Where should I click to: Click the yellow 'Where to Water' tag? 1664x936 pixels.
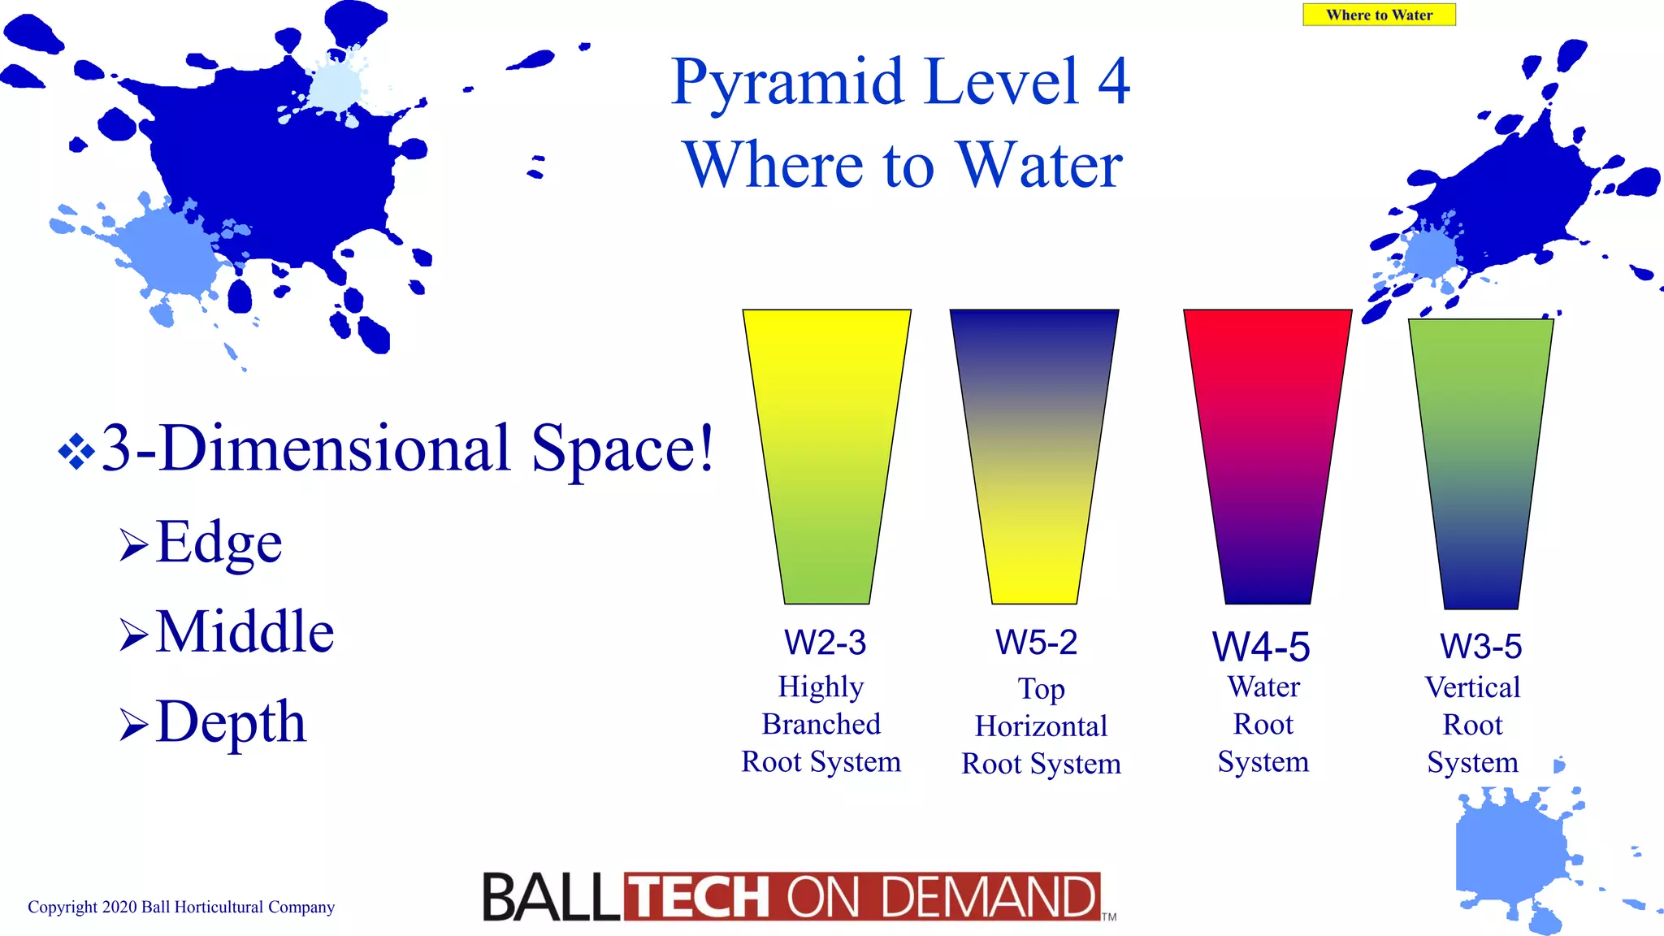coord(1379,15)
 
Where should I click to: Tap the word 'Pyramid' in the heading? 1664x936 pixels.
coord(787,82)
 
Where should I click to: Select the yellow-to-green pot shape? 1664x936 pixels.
coord(826,455)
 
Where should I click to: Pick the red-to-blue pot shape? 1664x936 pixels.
coord(1267,455)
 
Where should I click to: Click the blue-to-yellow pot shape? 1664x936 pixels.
coord(1034,455)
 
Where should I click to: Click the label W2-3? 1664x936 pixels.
coord(825,643)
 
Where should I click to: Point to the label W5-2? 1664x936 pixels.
coord(1036,643)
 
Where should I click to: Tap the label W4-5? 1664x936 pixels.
coord(1261,648)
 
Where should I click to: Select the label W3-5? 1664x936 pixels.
coord(1480,647)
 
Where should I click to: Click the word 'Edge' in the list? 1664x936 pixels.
coord(219,542)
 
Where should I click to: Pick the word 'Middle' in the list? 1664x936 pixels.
coord(245,631)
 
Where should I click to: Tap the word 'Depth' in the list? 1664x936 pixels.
coord(232,721)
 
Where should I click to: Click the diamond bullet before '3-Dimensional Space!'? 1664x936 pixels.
coord(76,451)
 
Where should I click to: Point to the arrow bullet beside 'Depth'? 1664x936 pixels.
coord(133,724)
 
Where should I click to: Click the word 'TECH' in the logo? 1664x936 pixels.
coord(700,897)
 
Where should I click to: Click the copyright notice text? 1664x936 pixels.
coord(181,907)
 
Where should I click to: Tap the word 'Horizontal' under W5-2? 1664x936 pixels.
coord(1041,726)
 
